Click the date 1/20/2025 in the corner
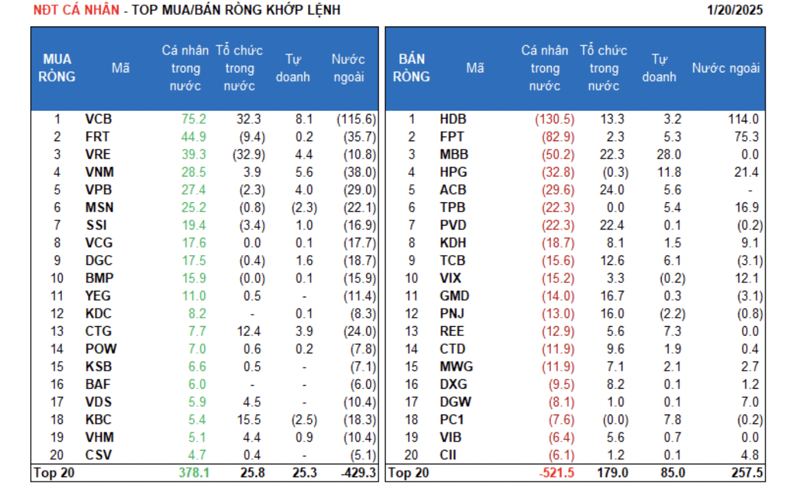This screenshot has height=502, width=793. coord(735,10)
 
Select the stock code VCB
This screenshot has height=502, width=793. coord(98,120)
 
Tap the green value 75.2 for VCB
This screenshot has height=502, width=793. coord(194,120)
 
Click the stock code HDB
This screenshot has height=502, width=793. coord(453,120)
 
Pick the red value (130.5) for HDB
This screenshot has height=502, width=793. coord(555,120)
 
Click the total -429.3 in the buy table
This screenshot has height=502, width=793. coord(359,473)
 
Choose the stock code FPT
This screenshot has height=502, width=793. coord(451,137)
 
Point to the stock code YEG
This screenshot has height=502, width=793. coord(98,296)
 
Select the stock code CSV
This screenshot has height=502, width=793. coord(98,455)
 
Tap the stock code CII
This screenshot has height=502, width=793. coord(448,455)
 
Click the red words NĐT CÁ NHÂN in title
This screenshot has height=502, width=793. coord(76,10)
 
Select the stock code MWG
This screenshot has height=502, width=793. coord(456,367)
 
